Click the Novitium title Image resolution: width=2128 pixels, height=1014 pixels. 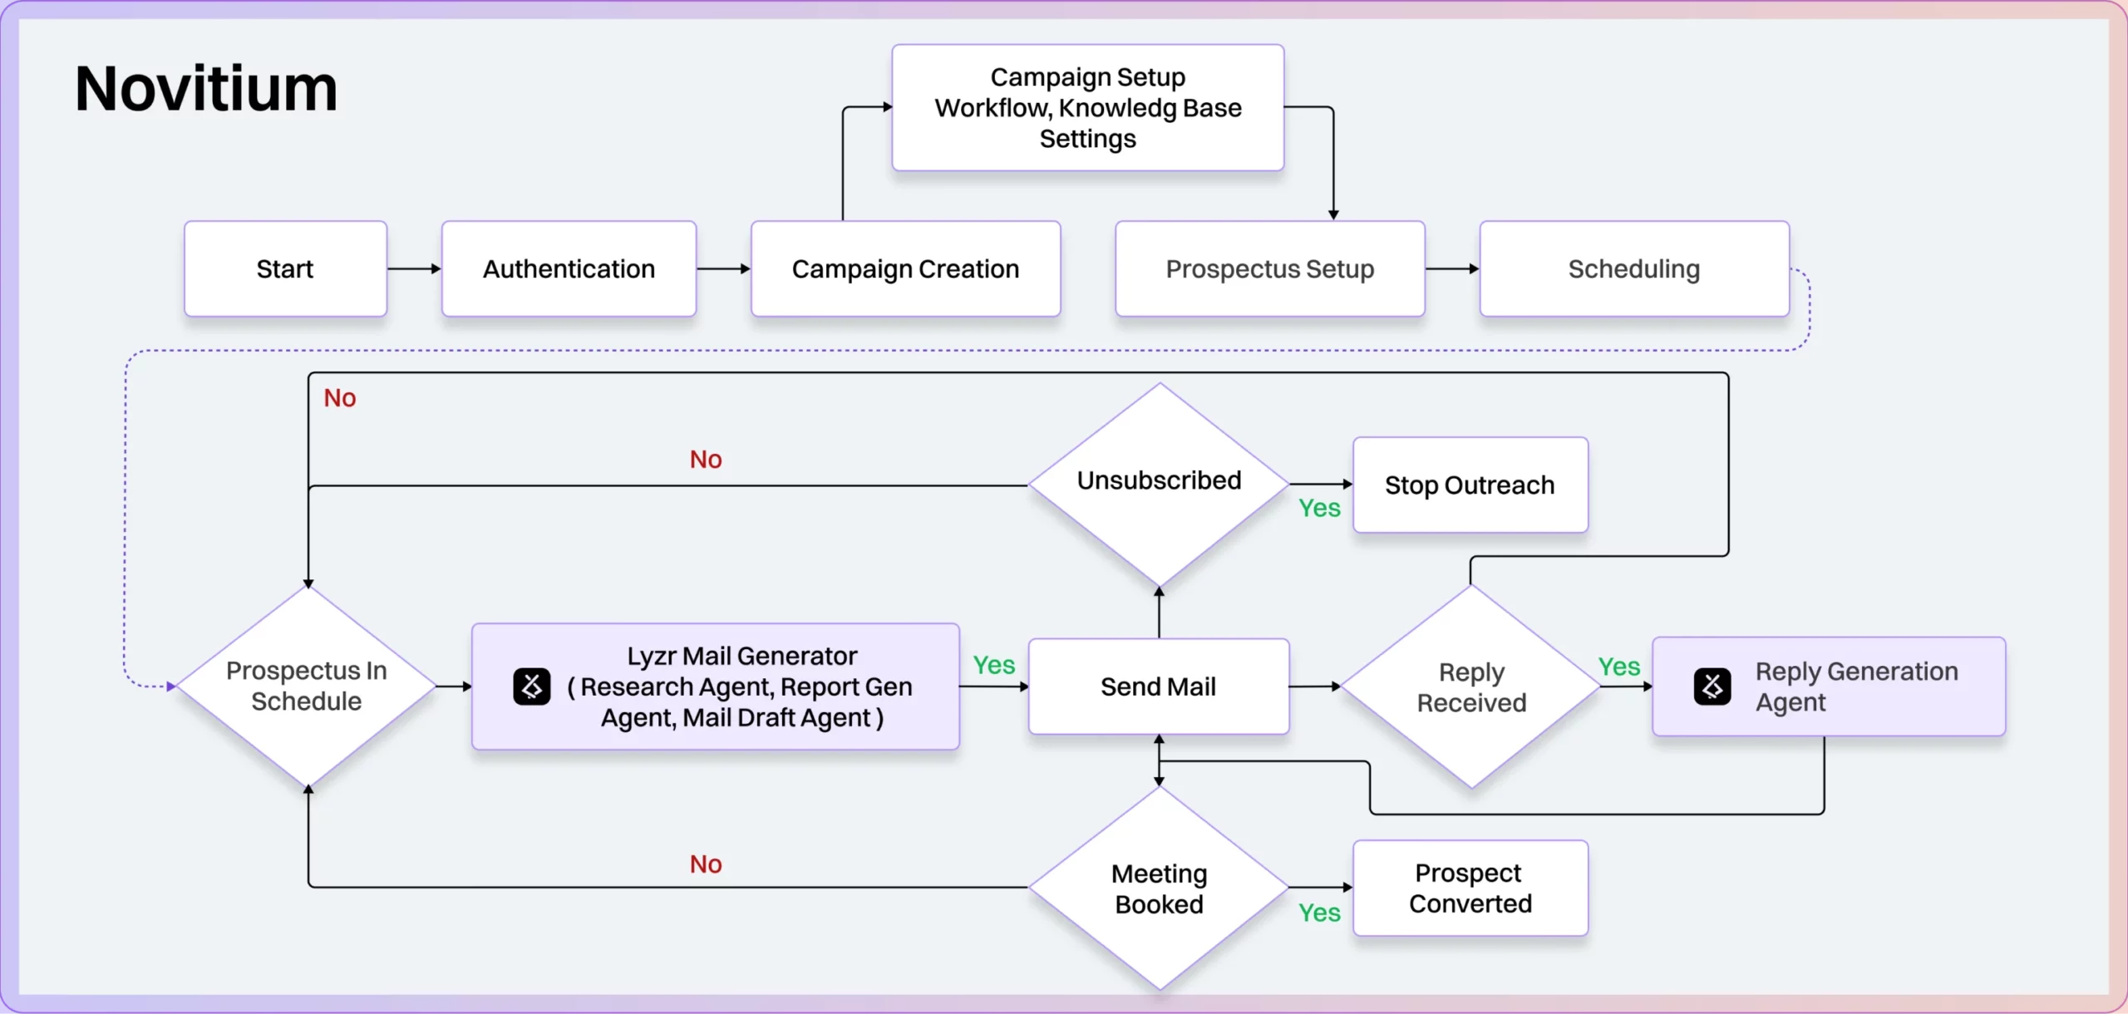pyautogui.click(x=206, y=89)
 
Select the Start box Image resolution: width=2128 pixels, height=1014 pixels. pyautogui.click(x=285, y=268)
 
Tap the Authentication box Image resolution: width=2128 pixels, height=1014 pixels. pyautogui.click(x=569, y=268)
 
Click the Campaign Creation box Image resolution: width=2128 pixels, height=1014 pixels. pyautogui.click(x=905, y=268)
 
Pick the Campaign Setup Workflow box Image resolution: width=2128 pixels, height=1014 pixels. pyautogui.click(x=1087, y=108)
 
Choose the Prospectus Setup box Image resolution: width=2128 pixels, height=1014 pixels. pyautogui.click(x=1269, y=268)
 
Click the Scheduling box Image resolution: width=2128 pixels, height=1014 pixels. pyautogui.click(x=1633, y=268)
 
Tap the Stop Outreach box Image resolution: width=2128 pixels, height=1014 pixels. pyautogui.click(x=1470, y=485)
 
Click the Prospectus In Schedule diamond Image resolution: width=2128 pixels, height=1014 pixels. pyautogui.click(x=307, y=687)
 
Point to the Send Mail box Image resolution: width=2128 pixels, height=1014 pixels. pyautogui.click(x=1158, y=687)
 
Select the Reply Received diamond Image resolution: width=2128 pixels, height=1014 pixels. pyautogui.click(x=1471, y=687)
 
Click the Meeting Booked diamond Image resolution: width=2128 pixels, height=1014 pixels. pyautogui.click(x=1159, y=888)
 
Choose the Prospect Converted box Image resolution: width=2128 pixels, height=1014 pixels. pyautogui.click(x=1470, y=888)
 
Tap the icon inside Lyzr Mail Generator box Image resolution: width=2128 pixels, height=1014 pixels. pyautogui.click(x=532, y=687)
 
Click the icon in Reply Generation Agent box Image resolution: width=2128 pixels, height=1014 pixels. pyautogui.click(x=1712, y=687)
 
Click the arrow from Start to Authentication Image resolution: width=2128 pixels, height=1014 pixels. pyautogui.click(x=414, y=268)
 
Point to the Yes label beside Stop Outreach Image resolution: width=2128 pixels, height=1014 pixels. pyautogui.click(x=1319, y=508)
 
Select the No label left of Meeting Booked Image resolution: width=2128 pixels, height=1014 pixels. pyautogui.click(x=706, y=864)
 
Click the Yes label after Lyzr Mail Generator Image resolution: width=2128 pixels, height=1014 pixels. pyautogui.click(x=994, y=665)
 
